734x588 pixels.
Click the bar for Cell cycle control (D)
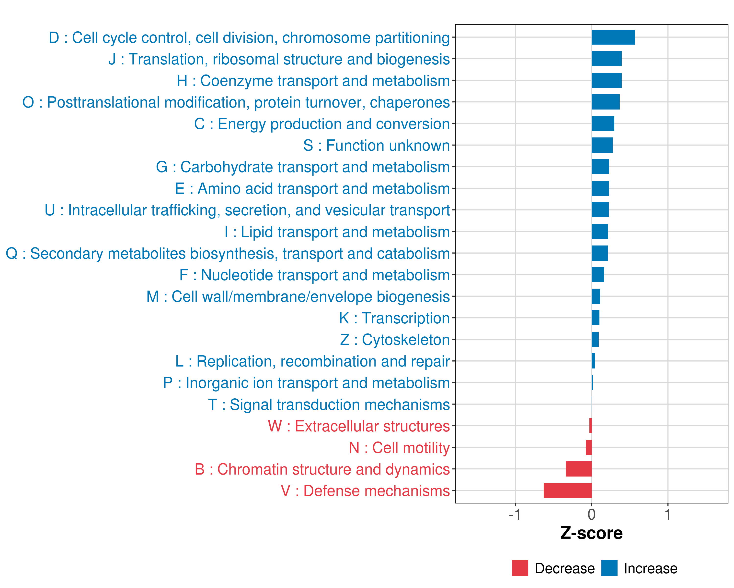tap(613, 37)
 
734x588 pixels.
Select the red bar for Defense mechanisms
tap(568, 490)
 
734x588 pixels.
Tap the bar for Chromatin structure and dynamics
tap(579, 469)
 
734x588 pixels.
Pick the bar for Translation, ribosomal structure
tap(606, 59)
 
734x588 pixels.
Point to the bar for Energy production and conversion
tap(603, 123)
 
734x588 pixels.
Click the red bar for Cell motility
tap(589, 447)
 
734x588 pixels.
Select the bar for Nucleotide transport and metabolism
tap(598, 275)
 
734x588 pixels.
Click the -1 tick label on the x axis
tap(515, 514)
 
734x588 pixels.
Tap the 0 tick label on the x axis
tap(592, 514)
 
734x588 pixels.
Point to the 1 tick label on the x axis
tap(668, 514)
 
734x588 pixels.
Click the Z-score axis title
tap(591, 533)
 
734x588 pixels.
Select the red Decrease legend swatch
tap(520, 568)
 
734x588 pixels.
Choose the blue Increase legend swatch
tap(609, 568)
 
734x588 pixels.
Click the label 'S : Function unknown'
tap(376, 146)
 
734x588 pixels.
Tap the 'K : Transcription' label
tap(394, 318)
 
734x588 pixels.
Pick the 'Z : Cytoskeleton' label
tap(395, 340)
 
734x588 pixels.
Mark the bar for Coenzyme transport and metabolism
tap(606, 80)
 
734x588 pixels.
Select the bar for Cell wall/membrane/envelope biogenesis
tap(596, 296)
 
